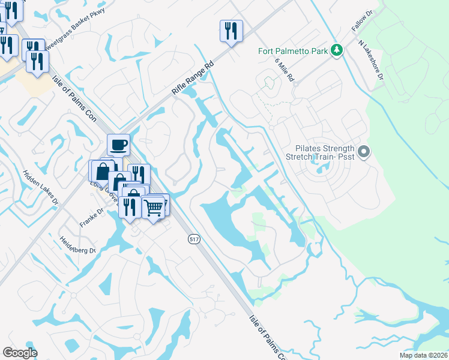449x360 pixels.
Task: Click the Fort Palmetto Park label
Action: click(293, 51)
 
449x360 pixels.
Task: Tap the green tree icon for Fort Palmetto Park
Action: click(337, 50)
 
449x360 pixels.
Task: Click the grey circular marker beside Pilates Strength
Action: click(363, 151)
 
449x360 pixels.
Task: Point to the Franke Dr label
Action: click(92, 217)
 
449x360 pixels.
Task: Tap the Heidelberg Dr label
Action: click(78, 246)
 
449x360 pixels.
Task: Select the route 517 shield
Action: click(192, 239)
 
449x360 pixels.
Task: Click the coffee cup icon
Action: click(118, 145)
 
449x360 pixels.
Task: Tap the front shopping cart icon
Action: click(154, 207)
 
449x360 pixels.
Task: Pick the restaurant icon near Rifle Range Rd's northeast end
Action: click(231, 31)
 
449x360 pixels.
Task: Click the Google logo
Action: click(20, 353)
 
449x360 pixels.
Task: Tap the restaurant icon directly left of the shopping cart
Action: click(130, 206)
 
